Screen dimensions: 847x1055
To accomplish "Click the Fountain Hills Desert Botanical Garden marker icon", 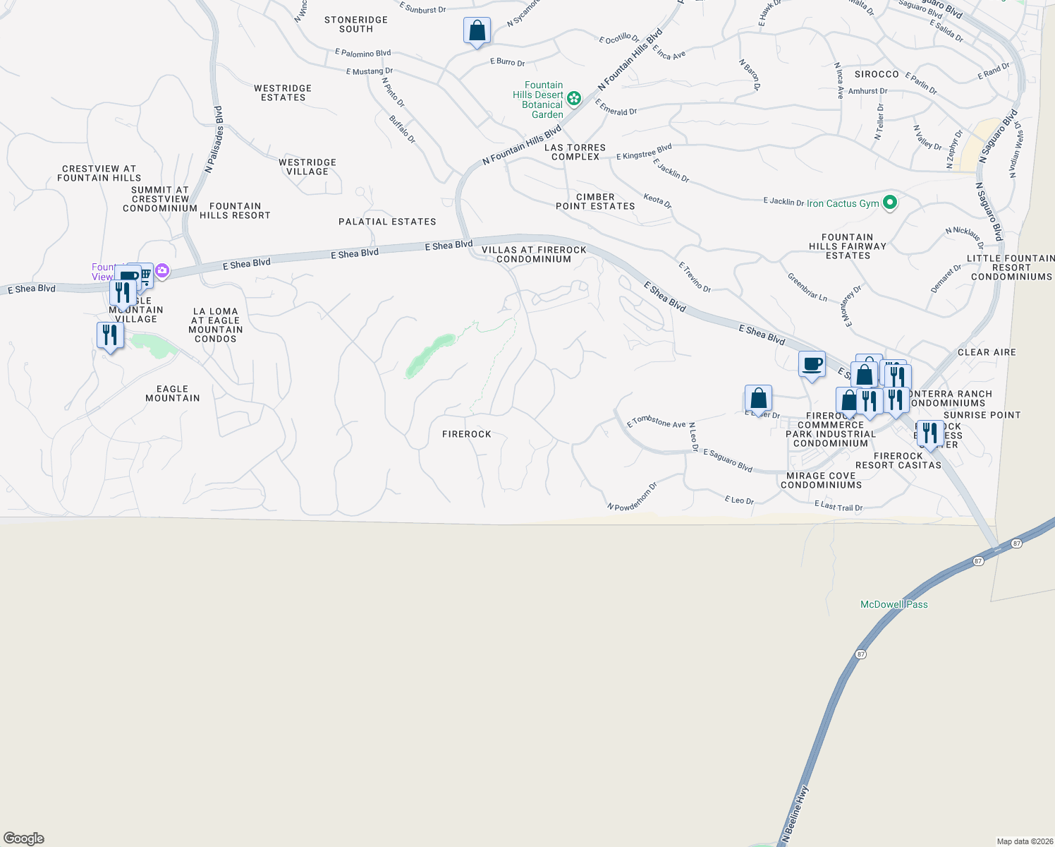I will (574, 99).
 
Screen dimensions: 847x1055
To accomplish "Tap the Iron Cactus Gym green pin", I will (890, 203).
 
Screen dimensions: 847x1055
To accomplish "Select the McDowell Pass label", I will (894, 604).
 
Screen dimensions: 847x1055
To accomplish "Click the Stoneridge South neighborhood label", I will (356, 25).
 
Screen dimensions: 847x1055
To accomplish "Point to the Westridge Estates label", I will (283, 93).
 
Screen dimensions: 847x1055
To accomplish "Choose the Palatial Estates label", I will (387, 222).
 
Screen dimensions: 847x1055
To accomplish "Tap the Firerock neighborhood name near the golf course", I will (466, 434).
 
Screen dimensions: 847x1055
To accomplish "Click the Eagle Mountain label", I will (173, 394).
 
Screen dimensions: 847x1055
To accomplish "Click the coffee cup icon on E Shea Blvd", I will (812, 364).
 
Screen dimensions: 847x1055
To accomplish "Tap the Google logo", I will (24, 838).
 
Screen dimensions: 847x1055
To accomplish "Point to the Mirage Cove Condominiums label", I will (821, 481).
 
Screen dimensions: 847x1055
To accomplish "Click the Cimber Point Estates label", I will (595, 202).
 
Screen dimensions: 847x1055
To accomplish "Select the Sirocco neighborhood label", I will (877, 74).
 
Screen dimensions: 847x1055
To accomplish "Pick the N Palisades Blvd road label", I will (214, 140).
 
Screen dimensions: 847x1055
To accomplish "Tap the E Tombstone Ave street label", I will (656, 422).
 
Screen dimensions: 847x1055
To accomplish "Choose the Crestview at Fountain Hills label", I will (99, 174).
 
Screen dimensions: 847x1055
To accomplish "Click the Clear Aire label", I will (987, 352).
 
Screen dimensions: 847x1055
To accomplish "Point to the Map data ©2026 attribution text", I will (1025, 841).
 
